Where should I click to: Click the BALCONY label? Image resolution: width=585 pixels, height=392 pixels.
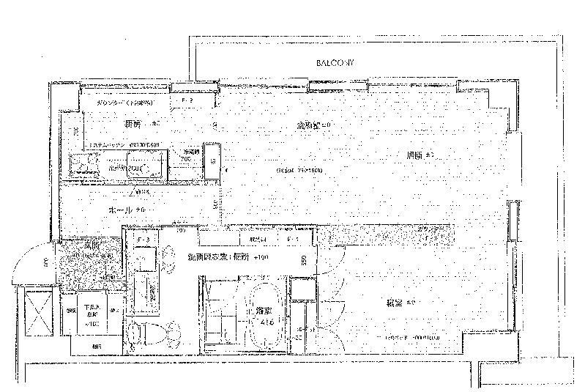pyautogui.click(x=335, y=64)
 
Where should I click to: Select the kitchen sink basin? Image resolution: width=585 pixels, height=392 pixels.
pyautogui.click(x=146, y=162)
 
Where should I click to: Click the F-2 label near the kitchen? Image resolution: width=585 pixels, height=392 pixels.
pyautogui.click(x=185, y=100)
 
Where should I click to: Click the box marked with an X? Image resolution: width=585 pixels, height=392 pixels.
pyautogui.click(x=37, y=313)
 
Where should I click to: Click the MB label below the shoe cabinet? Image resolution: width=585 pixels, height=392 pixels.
pyautogui.click(x=97, y=346)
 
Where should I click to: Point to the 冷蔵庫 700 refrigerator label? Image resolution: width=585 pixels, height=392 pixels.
pyautogui.click(x=187, y=155)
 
